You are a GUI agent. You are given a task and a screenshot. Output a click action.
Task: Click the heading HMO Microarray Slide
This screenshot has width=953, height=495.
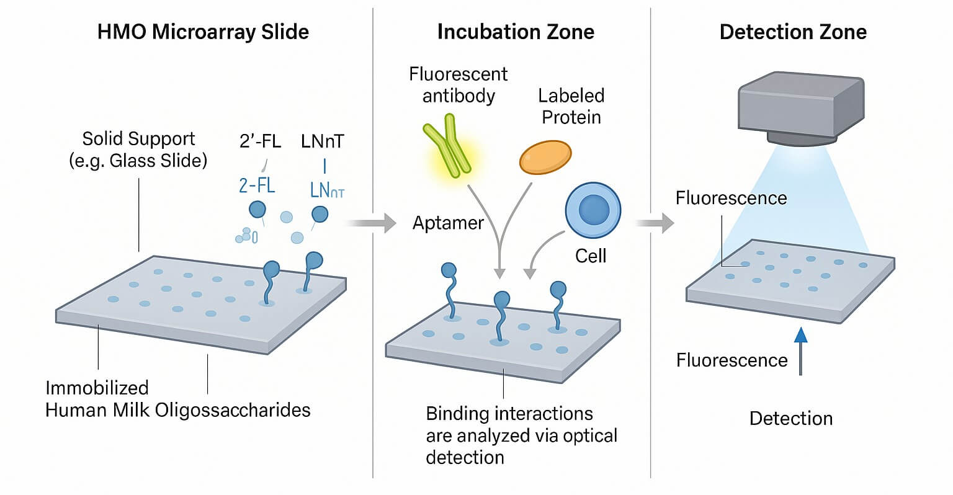point(203,32)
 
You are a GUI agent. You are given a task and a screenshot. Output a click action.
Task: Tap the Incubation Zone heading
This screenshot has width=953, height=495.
point(516,32)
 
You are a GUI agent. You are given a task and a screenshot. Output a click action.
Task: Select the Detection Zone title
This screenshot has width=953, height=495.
point(793,32)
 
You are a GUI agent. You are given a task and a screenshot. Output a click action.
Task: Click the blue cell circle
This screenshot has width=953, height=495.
point(593,211)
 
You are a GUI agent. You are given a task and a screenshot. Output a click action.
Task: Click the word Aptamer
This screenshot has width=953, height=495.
point(448,223)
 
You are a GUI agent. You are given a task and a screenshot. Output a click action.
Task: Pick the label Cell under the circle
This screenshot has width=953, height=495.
point(591,256)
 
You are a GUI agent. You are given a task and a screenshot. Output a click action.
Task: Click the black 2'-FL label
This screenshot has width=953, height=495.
point(260,141)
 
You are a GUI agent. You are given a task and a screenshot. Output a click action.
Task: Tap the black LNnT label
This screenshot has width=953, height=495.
point(322,141)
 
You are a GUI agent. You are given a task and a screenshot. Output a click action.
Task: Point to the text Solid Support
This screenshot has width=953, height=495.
point(138,138)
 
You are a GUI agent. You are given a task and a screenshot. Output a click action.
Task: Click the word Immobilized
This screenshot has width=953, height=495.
point(97,388)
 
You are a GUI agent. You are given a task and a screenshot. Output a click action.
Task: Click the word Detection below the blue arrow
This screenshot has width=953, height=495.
point(791,418)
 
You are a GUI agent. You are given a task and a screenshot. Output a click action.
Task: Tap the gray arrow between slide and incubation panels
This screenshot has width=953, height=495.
point(372,223)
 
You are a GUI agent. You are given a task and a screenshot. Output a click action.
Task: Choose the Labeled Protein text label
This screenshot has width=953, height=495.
point(571,106)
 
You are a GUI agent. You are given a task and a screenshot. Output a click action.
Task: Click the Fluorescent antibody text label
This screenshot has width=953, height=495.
point(458,85)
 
